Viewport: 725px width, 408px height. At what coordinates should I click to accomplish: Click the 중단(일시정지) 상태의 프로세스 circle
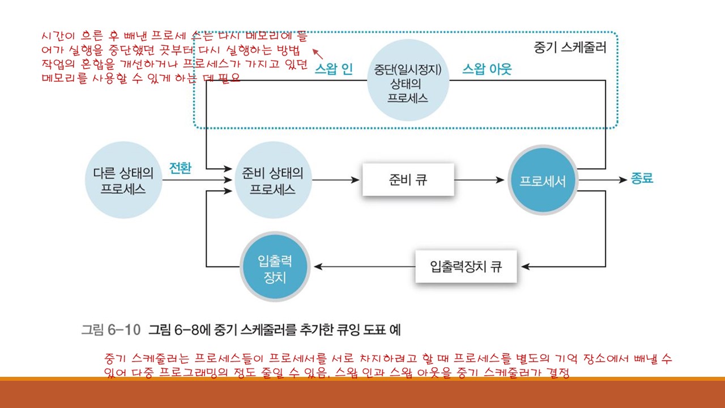(x=408, y=81)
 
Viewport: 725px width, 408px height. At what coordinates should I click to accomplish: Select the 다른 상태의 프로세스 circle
(x=123, y=181)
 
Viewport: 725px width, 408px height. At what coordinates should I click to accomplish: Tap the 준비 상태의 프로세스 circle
(x=272, y=181)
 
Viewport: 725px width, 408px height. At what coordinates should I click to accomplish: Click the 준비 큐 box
(x=408, y=180)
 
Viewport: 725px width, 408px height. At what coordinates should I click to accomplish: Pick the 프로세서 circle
(x=543, y=181)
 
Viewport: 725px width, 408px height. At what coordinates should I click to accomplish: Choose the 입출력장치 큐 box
(x=466, y=266)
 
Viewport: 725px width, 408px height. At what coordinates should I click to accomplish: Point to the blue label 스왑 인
(x=334, y=69)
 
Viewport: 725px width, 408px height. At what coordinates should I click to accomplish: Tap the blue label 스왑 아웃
(x=487, y=69)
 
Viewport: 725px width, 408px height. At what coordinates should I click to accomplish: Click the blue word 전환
(x=180, y=168)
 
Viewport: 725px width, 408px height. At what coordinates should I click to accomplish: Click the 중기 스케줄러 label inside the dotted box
(x=569, y=48)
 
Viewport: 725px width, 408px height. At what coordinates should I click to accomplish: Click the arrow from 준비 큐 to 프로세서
(x=479, y=180)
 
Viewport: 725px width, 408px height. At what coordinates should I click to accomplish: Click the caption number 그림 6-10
(x=110, y=329)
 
